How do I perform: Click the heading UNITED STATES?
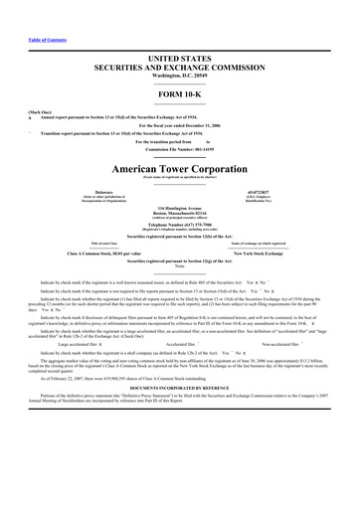point(179,60)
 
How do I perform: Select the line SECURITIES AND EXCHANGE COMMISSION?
point(179,69)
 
